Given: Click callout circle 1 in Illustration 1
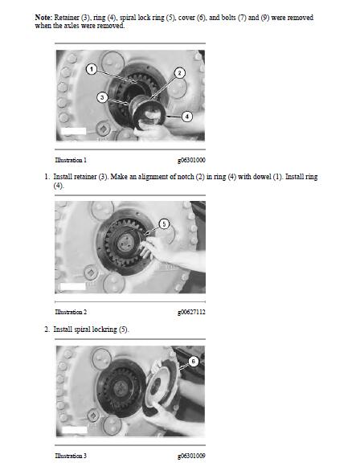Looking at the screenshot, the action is click(x=92, y=69).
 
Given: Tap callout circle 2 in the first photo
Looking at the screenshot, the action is click(x=180, y=73).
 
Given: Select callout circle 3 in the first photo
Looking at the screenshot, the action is click(x=102, y=97).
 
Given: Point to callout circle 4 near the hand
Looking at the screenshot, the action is click(x=187, y=117).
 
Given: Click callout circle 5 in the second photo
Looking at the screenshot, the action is click(x=164, y=224).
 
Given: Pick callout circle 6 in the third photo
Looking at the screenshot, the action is click(x=193, y=361).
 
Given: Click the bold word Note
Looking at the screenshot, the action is click(x=43, y=18).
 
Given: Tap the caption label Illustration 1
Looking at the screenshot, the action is click(x=71, y=160).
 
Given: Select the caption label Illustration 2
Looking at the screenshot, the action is click(x=71, y=312).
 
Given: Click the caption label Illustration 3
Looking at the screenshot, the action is click(x=71, y=456).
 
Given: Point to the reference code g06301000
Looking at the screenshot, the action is click(x=191, y=160).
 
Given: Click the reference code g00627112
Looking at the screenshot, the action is click(x=191, y=312).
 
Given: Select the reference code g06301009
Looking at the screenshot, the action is click(x=191, y=456).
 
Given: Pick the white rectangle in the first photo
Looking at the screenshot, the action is click(x=74, y=131).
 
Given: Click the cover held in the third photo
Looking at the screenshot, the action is click(x=161, y=384).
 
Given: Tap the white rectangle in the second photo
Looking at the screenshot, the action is click(x=72, y=286).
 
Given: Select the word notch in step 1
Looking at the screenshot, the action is click(x=185, y=176).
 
